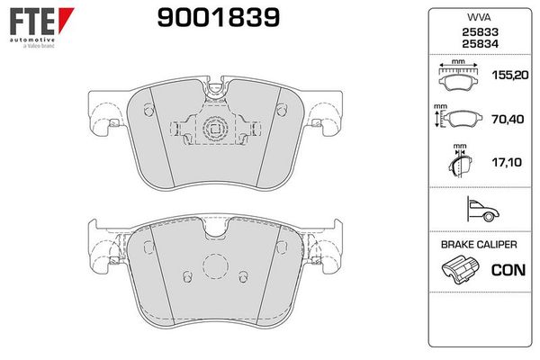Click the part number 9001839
coord(219,18)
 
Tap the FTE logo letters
coord(31,22)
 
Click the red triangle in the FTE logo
coord(66,20)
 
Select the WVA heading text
coord(479,17)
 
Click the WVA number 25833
coord(480,32)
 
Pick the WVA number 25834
coord(480,44)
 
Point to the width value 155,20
coord(510,75)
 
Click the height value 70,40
coord(508,119)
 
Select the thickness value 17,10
coord(507,162)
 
